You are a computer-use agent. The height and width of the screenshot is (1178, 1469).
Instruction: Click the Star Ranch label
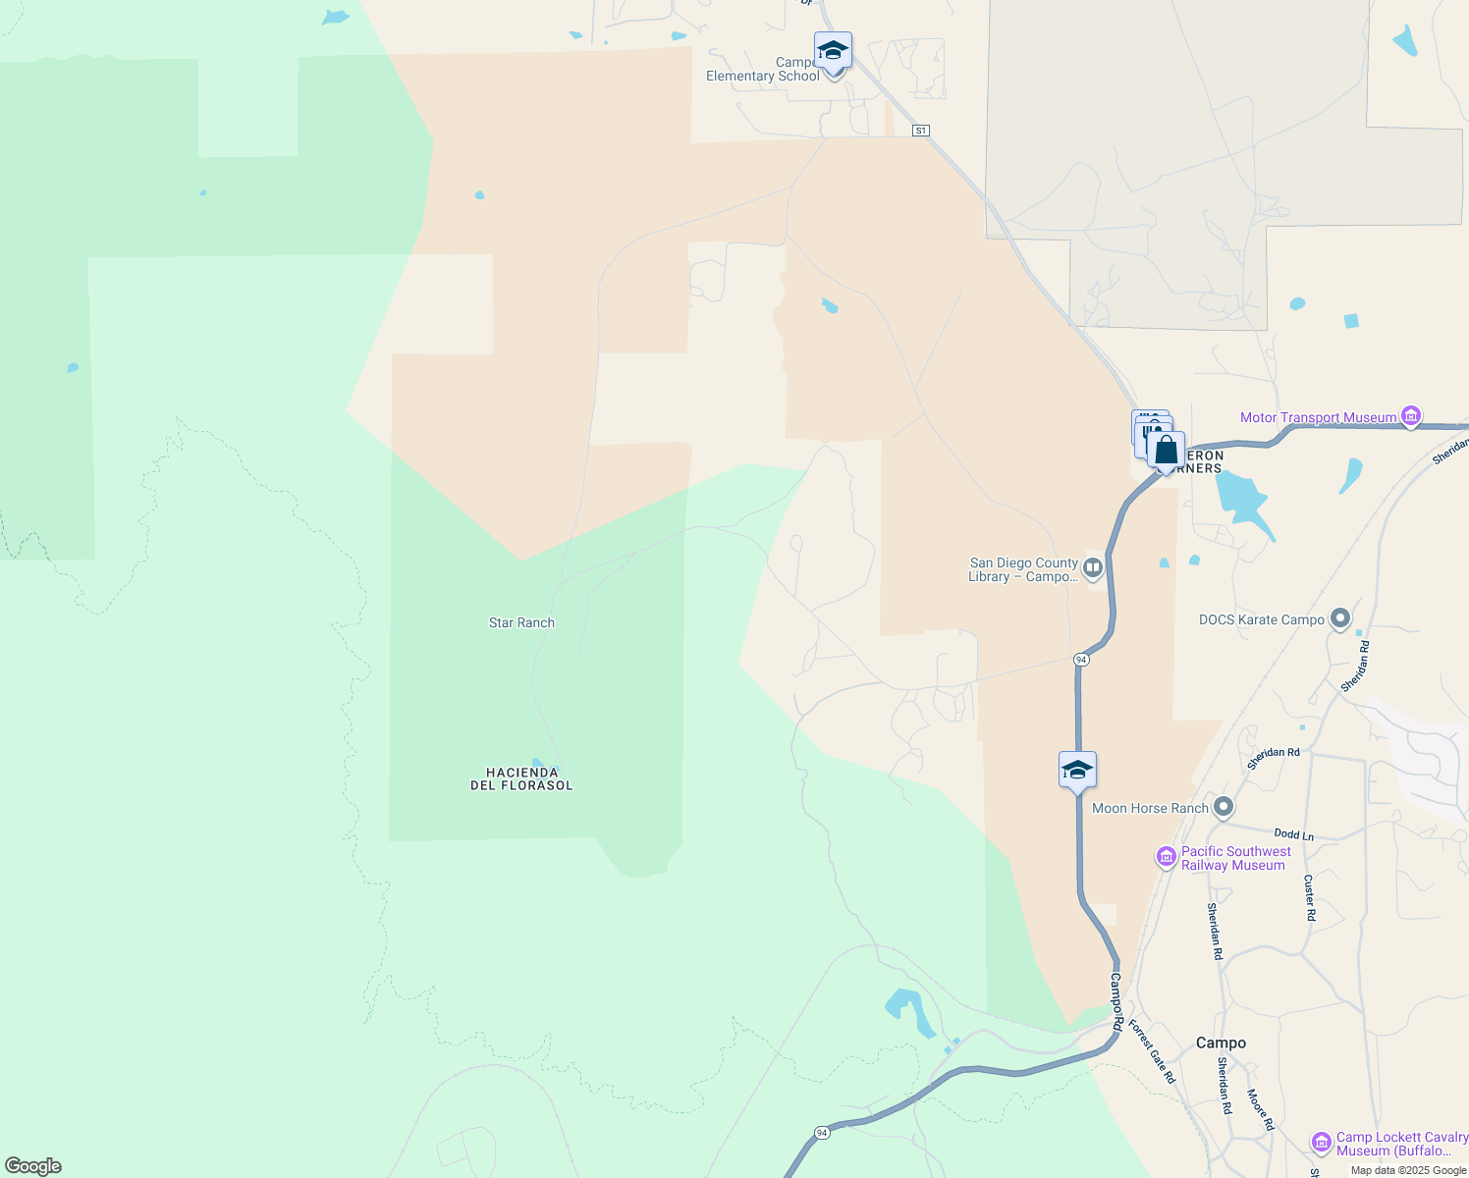tap(521, 622)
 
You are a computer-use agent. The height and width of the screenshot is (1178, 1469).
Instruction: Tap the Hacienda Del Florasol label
tap(521, 779)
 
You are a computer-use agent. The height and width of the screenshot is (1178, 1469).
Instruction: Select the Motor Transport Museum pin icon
tap(1411, 417)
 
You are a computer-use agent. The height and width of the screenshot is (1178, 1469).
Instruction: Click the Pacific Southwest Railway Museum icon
tap(1167, 858)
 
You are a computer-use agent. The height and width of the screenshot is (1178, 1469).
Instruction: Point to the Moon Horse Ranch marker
tap(1224, 808)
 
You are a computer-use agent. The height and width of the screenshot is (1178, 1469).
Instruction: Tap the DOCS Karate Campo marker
tap(1340, 619)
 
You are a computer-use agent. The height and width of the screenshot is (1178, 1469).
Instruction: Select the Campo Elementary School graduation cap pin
tap(833, 51)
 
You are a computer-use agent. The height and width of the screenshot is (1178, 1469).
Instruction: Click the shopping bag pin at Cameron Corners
tap(1166, 451)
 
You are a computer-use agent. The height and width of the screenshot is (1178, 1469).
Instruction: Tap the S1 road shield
tap(920, 131)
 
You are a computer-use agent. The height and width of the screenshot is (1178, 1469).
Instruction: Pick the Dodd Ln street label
tap(1293, 834)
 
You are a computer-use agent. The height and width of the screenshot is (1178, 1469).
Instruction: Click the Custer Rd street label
tap(1310, 897)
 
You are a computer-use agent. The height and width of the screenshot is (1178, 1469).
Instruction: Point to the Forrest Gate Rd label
tap(1152, 1051)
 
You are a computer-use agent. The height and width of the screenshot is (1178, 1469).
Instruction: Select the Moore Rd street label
tap(1260, 1109)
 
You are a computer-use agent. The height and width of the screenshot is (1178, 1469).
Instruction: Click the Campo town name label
tap(1221, 1043)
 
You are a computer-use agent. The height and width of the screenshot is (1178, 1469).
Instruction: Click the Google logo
tap(33, 1166)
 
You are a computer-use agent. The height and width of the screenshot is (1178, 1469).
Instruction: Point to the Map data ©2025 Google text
tap(1408, 1170)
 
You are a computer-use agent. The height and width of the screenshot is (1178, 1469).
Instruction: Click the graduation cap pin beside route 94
tap(1077, 771)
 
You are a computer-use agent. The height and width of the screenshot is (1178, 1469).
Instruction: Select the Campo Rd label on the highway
tap(1116, 1001)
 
